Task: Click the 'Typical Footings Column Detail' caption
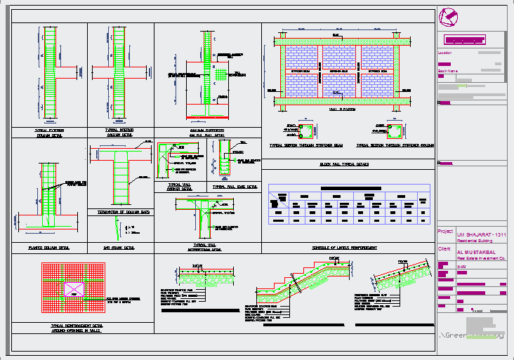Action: [48, 133]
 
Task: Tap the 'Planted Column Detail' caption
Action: [49, 248]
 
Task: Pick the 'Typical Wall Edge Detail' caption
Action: [235, 187]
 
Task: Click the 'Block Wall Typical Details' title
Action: [344, 164]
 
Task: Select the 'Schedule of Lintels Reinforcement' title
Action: [345, 248]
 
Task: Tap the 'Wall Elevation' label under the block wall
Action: [341, 109]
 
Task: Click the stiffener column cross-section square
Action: [397, 131]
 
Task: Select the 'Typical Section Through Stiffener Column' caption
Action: [393, 146]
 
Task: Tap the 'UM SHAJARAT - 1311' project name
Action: [481, 234]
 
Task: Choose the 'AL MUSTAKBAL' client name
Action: [475, 251]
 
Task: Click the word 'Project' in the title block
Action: [445, 231]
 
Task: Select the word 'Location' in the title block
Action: [445, 53]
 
